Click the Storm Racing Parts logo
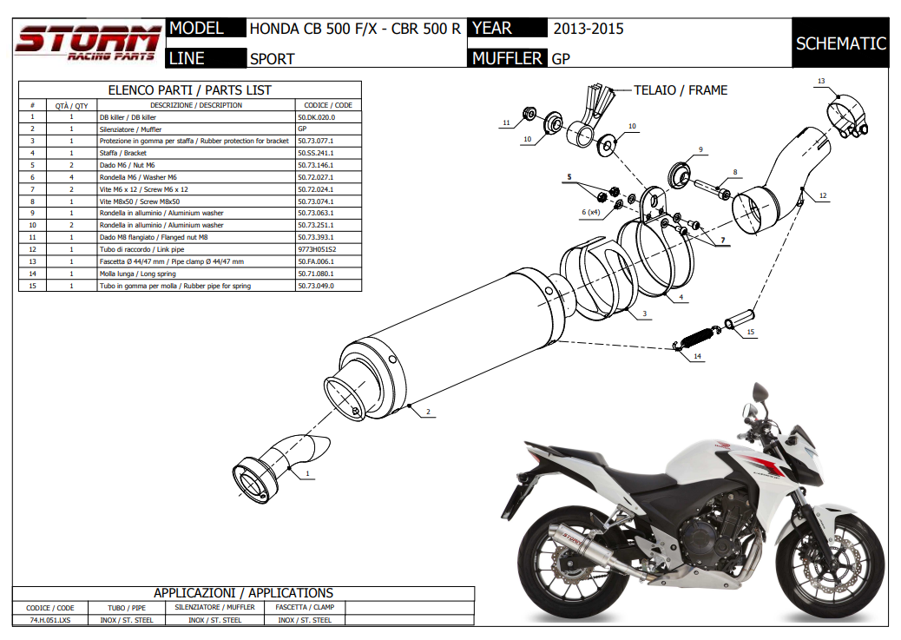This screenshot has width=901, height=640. click(89, 43)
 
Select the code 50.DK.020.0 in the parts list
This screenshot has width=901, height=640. click(316, 117)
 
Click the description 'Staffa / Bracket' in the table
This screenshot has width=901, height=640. click(123, 153)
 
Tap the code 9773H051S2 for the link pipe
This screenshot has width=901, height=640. click(317, 249)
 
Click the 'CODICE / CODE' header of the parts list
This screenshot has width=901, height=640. click(328, 105)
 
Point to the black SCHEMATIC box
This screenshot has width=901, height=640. click(840, 43)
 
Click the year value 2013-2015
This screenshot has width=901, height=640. click(589, 29)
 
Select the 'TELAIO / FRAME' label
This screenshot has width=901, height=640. click(681, 90)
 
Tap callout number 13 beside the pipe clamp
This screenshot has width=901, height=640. click(821, 81)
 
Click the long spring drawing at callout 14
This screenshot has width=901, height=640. click(696, 338)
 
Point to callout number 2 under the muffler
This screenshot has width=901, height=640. click(428, 412)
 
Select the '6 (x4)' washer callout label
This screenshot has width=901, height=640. click(591, 212)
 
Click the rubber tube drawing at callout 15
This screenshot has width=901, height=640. click(739, 319)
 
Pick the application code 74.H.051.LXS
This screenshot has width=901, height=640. click(50, 620)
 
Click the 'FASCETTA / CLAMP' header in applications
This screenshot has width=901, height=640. click(305, 607)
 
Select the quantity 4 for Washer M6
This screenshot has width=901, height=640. click(72, 177)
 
